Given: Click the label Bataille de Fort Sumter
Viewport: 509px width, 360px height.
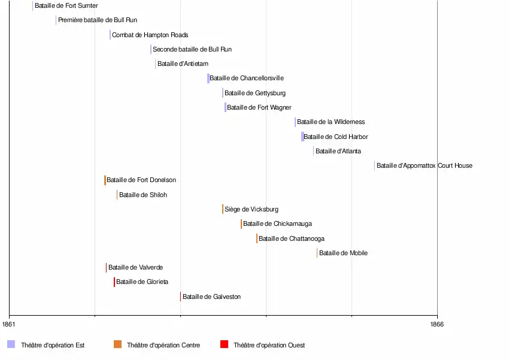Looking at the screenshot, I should click(x=66, y=6).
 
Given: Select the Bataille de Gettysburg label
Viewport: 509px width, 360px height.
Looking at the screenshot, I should click(x=255, y=93).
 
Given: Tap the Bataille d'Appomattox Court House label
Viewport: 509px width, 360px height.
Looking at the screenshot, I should click(x=424, y=166).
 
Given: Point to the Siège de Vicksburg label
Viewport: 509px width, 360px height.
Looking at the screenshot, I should click(x=252, y=210).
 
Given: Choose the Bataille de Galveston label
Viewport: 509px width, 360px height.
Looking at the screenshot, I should click(x=211, y=297).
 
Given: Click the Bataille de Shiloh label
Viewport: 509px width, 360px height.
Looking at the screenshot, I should click(x=143, y=195).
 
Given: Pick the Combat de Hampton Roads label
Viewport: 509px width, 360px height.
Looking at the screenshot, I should click(x=150, y=35).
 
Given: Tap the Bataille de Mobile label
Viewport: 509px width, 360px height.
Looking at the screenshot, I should click(x=343, y=253).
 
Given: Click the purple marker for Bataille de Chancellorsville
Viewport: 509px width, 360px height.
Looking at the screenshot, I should click(x=208, y=78).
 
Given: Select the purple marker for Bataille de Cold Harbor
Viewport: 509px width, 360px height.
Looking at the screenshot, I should click(x=302, y=137).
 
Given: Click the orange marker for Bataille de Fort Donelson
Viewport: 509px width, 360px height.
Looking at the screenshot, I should click(x=105, y=180).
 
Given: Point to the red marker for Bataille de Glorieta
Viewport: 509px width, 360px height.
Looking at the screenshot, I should click(x=114, y=282).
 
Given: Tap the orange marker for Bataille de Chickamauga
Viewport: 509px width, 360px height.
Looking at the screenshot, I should click(x=241, y=224).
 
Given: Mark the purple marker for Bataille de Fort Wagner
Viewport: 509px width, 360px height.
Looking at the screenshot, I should click(x=225, y=108).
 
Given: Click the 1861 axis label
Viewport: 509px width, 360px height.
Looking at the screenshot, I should click(x=9, y=324).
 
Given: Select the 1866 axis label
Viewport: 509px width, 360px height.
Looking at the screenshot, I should click(x=437, y=324).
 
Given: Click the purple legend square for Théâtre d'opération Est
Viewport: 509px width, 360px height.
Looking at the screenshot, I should click(x=11, y=344).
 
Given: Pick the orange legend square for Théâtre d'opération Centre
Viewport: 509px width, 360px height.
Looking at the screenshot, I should click(x=117, y=344).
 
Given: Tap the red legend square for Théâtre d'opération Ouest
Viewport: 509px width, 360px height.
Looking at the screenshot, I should click(x=224, y=344).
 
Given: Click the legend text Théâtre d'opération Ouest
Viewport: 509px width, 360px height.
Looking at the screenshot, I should click(x=269, y=345).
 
